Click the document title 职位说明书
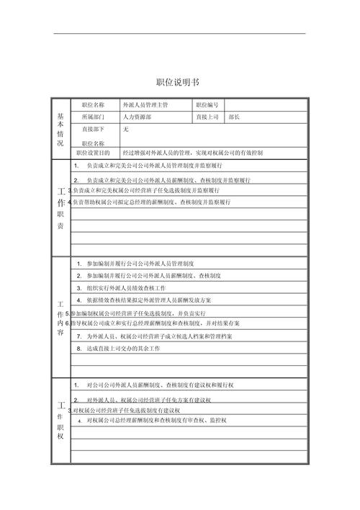[x=180, y=81]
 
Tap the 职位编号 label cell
[x=209, y=104]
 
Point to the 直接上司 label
[x=209, y=116]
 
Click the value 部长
[x=234, y=116]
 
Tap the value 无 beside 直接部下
[x=125, y=129]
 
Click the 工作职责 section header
[x=60, y=209]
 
